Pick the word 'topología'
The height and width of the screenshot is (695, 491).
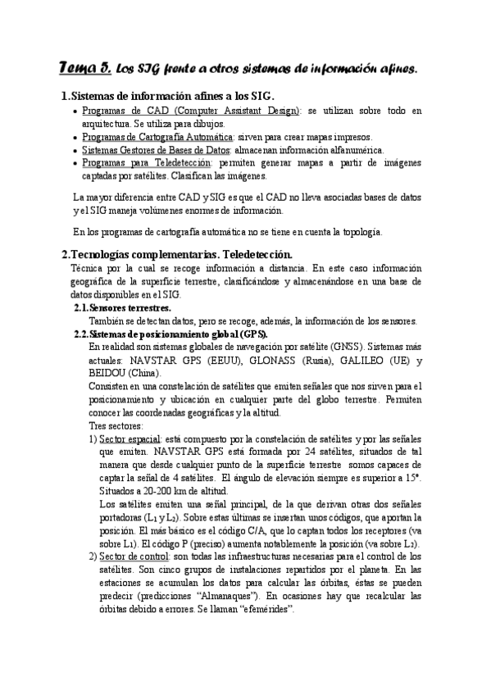click(x=376, y=231)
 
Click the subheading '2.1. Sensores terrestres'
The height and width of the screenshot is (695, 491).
click(x=128, y=307)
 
